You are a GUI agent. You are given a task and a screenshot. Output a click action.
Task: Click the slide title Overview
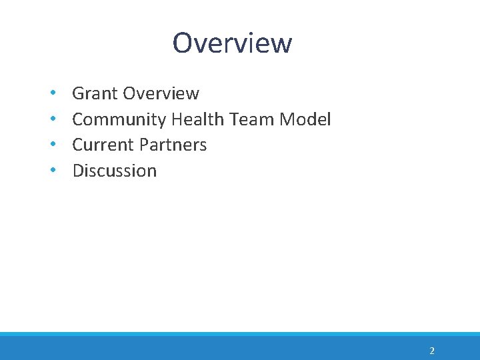coord(232,43)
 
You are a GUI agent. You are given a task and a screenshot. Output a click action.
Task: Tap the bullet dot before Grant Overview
coord(52,94)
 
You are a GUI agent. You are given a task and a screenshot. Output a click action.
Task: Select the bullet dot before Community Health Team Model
coord(52,120)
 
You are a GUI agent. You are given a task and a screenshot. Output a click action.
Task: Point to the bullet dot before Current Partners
coord(52,145)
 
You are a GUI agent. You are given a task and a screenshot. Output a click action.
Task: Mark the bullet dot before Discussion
coord(52,171)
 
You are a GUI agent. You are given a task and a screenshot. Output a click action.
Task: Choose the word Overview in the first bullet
coord(161,93)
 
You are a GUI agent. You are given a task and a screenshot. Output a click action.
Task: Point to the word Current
coord(102,145)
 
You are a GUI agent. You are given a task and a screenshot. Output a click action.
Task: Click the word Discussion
coord(114,171)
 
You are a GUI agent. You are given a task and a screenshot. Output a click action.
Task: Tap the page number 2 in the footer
coord(432,351)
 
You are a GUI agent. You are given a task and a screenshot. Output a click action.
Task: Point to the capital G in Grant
coord(79,93)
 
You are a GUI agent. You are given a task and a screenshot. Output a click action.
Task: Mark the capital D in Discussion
coord(78,171)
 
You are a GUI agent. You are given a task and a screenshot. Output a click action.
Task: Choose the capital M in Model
coord(288,119)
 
